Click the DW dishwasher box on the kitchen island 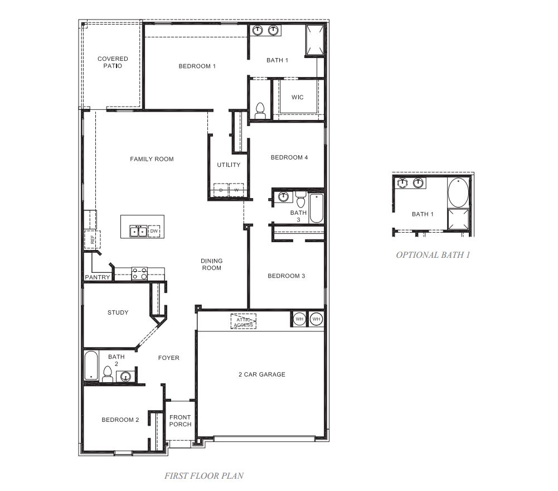click(x=154, y=231)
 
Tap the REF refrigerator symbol click(x=89, y=239)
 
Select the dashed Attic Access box click(x=244, y=322)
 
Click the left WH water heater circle click(x=299, y=319)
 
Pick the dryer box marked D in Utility click(x=221, y=190)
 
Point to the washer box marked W click(x=236, y=190)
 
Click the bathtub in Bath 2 click(x=91, y=365)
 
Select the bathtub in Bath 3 click(x=316, y=208)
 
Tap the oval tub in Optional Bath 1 click(x=458, y=192)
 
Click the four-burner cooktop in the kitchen click(x=139, y=273)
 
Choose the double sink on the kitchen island click(x=138, y=231)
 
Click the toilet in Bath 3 click(x=301, y=199)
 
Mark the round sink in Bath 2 click(x=125, y=377)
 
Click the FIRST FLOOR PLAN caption click(x=203, y=476)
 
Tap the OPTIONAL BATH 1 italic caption click(x=433, y=255)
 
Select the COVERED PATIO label click(x=113, y=62)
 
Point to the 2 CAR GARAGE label click(x=261, y=374)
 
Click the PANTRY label click(x=98, y=277)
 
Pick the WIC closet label click(x=298, y=98)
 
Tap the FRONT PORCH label click(x=180, y=421)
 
